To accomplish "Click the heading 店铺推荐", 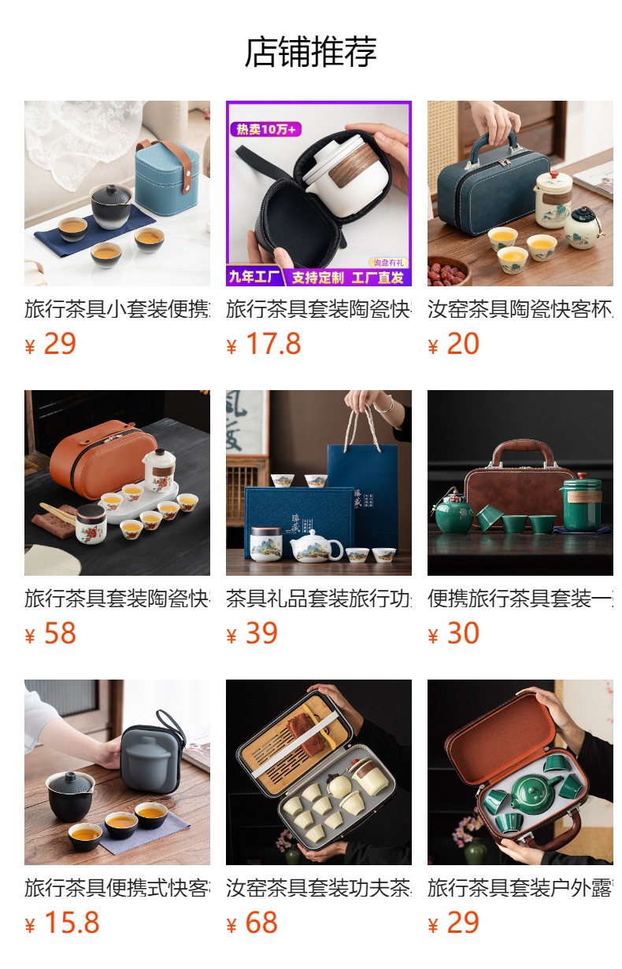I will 311,52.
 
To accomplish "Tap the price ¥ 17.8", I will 264,344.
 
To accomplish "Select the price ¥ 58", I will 51,634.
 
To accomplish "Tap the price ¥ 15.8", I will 62,923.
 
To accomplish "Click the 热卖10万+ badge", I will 263,130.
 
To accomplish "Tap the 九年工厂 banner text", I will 254,277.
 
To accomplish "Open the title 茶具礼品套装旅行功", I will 318,599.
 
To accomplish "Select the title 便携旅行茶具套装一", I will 520,599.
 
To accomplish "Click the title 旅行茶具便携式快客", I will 117,889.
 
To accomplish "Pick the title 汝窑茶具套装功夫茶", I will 318,889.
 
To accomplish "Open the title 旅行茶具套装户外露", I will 520,889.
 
